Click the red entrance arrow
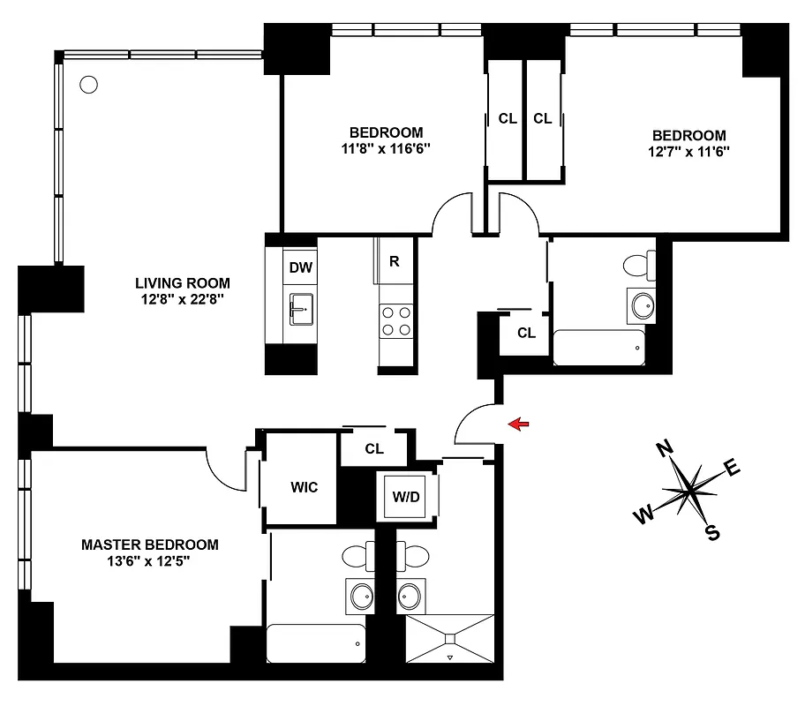pyautogui.click(x=520, y=425)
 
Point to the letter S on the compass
pyautogui.click(x=711, y=532)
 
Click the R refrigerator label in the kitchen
pyautogui.click(x=394, y=261)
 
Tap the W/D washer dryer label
pyautogui.click(x=406, y=496)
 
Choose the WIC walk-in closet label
pyautogui.click(x=304, y=487)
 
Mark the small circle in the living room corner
pyautogui.click(x=87, y=85)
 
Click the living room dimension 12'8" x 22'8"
pyautogui.click(x=183, y=299)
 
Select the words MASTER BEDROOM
pyautogui.click(x=149, y=545)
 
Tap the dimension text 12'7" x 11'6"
pyautogui.click(x=689, y=151)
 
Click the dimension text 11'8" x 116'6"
pyautogui.click(x=384, y=148)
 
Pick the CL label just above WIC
pyautogui.click(x=374, y=448)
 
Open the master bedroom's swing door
pyautogui.click(x=231, y=468)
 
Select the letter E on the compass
pyautogui.click(x=733, y=468)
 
